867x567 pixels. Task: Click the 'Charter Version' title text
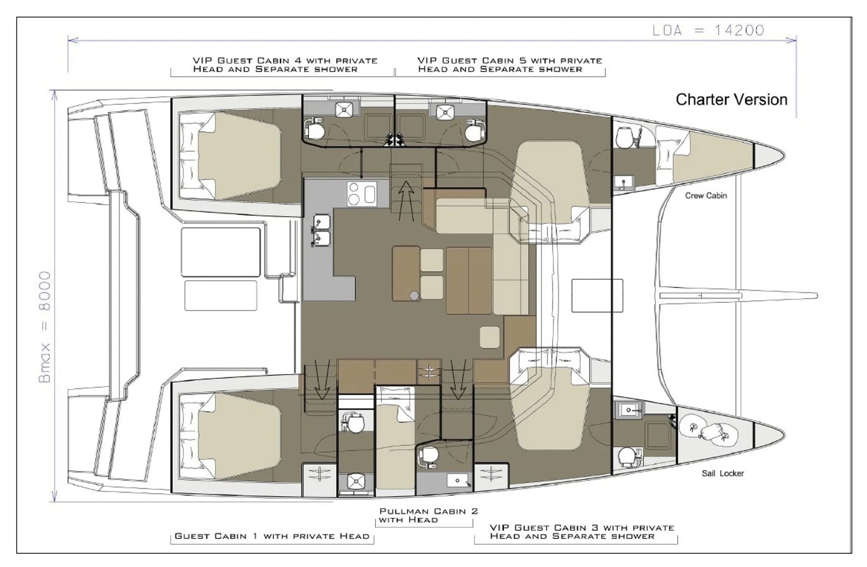[731, 99]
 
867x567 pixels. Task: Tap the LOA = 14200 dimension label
[708, 30]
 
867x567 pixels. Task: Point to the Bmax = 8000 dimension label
[44, 327]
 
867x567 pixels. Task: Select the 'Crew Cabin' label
[706, 195]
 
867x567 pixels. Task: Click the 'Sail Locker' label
[722, 473]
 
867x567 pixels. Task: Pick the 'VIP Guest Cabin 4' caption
[285, 65]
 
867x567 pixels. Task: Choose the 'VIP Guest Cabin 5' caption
[510, 65]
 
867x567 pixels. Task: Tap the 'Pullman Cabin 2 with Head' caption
[428, 515]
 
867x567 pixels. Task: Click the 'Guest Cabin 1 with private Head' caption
[272, 536]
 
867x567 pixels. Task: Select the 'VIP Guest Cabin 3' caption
[582, 532]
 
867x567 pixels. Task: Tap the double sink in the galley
[321, 231]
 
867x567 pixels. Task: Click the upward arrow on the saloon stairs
[406, 201]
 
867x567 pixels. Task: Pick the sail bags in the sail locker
[708, 433]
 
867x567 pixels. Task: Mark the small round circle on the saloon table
[414, 295]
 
